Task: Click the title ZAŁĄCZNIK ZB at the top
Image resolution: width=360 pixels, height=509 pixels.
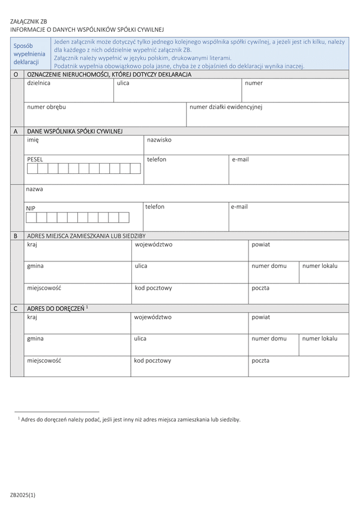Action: coord(28,22)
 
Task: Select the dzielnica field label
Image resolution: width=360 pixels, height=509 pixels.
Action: coord(38,83)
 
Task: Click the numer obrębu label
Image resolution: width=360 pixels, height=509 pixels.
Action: coord(47,107)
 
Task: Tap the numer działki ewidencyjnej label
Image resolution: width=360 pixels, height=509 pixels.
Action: coord(226,107)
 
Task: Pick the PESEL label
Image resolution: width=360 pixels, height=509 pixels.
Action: coord(35,159)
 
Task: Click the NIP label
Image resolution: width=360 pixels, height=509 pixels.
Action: coord(31,208)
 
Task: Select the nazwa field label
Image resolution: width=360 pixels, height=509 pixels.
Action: coord(34,189)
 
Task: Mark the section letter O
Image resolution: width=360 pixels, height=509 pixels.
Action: coord(16,74)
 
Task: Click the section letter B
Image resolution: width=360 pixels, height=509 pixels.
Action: coord(16,236)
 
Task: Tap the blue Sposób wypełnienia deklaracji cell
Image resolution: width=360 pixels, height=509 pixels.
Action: coord(28,54)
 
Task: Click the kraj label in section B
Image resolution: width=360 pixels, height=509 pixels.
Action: coord(32,245)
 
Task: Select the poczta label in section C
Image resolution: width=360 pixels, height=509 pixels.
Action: coord(260,361)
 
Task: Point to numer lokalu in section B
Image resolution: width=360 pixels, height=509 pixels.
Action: coord(320,266)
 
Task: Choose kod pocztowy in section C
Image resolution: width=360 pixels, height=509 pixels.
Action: coord(153,361)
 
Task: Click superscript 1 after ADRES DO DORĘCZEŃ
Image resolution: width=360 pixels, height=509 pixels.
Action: coord(87,306)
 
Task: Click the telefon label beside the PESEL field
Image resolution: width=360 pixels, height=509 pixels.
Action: coord(157,159)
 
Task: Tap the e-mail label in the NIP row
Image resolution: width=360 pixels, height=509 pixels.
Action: coord(239,207)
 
